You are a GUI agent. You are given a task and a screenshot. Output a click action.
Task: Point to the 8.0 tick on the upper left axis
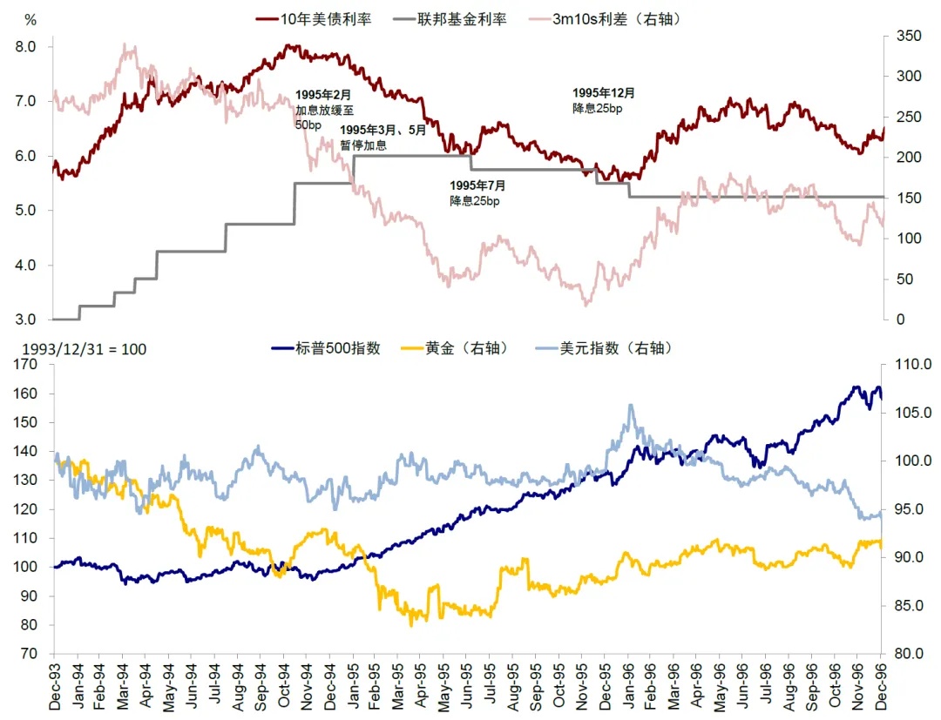[x=25, y=46]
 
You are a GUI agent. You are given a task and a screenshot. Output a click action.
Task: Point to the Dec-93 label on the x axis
[x=54, y=688]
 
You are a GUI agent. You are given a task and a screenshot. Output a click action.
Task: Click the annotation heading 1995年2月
[x=322, y=94]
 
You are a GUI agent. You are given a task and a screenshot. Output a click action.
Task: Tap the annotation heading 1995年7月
[x=477, y=185]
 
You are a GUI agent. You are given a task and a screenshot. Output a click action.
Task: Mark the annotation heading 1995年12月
[x=604, y=92]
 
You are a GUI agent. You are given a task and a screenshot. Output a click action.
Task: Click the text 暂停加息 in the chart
[x=363, y=145]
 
